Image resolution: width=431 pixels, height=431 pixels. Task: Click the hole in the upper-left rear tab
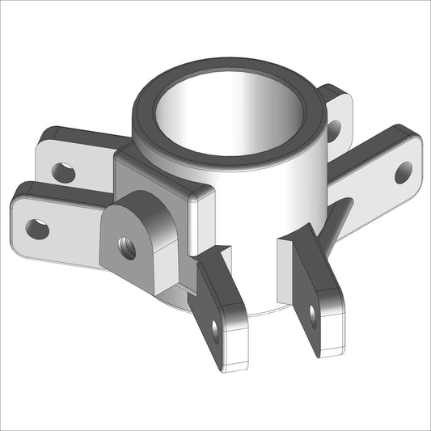63,171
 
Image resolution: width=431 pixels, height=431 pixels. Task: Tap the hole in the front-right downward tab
314,316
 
